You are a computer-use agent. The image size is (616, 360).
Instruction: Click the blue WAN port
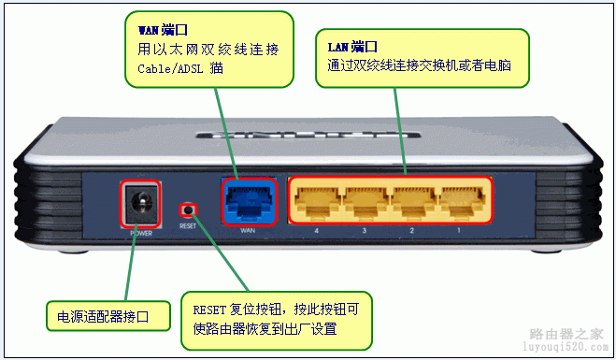[x=248, y=197]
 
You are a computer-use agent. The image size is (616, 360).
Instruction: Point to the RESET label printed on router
[x=189, y=226]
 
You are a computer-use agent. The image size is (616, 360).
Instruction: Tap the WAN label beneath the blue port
[x=248, y=230]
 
